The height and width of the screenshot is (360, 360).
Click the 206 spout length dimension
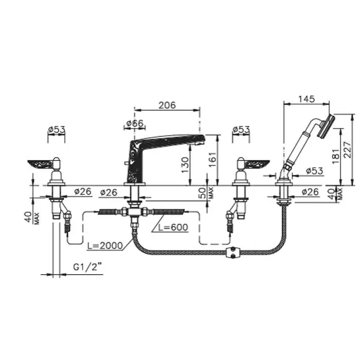click(167, 105)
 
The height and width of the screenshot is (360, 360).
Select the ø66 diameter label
click(135, 123)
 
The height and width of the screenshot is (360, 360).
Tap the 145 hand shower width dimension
click(307, 99)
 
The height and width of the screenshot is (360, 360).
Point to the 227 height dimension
click(348, 150)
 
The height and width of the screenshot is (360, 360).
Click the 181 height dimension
click(336, 156)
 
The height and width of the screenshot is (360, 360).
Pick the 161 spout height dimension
click(212, 160)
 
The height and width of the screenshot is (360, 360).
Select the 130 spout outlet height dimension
click(185, 166)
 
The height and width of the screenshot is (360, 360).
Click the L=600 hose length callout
click(173, 227)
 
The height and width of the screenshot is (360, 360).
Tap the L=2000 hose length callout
click(105, 246)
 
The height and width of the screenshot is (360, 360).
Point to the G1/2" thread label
click(87, 267)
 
